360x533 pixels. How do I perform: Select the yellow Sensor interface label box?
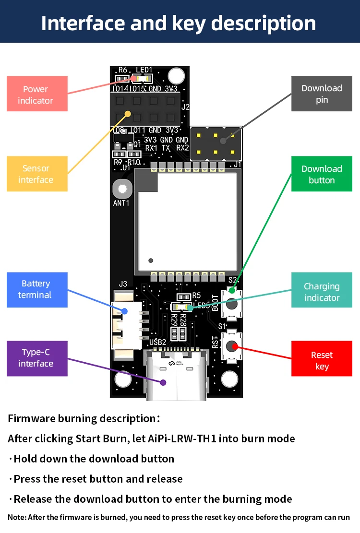[x=37, y=174]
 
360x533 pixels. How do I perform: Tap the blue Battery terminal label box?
[x=37, y=290]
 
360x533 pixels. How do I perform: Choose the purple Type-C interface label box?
[x=37, y=358]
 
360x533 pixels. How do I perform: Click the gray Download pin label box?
[x=322, y=94]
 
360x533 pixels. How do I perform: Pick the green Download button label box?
[x=322, y=174]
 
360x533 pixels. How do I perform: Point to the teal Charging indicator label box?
[x=322, y=292]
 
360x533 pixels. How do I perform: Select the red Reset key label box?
[x=322, y=360]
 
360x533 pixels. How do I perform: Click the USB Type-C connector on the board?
[x=175, y=375]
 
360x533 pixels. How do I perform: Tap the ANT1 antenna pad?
[x=121, y=189]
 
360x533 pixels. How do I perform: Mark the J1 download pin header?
[x=215, y=143]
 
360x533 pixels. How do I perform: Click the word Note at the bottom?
[x=17, y=518]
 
